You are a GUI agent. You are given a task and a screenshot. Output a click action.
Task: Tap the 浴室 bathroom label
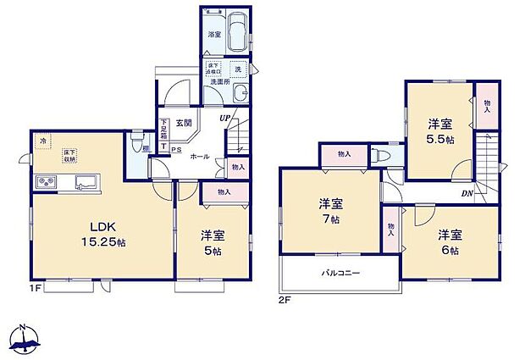point(213,35)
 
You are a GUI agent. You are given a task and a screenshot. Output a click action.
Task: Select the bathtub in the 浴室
point(238,33)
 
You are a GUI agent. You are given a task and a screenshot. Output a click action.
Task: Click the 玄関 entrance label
point(184,124)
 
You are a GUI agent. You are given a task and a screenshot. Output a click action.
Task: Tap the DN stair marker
point(467,193)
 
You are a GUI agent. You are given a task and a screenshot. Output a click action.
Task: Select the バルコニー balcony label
point(340,274)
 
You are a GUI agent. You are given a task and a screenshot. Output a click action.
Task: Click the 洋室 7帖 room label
point(330,211)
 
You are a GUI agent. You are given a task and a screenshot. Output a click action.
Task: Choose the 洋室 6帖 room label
point(449,242)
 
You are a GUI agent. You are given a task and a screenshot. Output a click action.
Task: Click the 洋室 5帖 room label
point(213,242)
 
